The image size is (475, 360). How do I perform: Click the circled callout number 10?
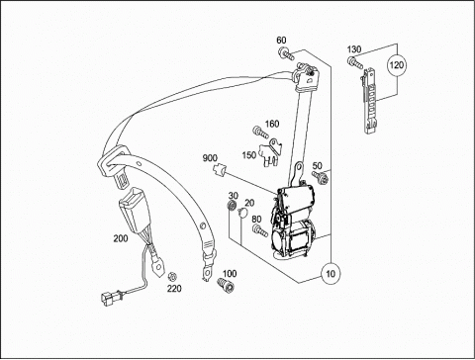[331, 273]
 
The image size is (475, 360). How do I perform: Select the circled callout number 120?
[396, 64]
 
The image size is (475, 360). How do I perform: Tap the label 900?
[210, 158]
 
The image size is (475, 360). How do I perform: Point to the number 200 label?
[121, 238]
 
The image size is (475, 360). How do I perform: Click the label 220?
[174, 289]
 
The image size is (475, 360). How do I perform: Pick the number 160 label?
[272, 124]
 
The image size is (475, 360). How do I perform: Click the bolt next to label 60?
[286, 54]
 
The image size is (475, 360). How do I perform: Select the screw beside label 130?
[354, 63]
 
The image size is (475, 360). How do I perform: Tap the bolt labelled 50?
[321, 178]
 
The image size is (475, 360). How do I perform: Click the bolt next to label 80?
[260, 230]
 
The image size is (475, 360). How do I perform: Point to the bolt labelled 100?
[226, 285]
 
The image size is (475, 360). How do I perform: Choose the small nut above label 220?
[171, 276]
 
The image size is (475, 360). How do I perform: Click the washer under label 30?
[232, 205]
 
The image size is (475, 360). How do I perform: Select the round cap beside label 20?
[242, 213]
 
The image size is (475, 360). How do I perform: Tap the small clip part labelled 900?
[218, 171]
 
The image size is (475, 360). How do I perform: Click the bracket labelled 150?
[270, 152]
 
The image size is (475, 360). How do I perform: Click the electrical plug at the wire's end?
[111, 296]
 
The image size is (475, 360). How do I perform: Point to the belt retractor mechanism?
[292, 222]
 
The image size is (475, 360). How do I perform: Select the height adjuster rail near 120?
[370, 101]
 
